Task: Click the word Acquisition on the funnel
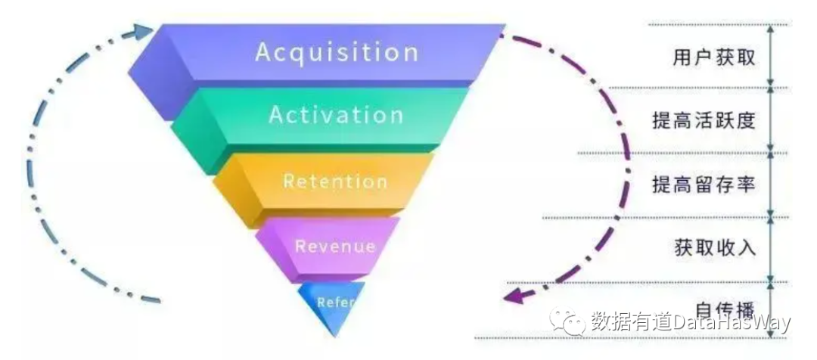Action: [337, 52]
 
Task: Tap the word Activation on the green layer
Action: [336, 115]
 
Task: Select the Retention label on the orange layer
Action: [335, 182]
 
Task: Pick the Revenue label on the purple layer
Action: [335, 246]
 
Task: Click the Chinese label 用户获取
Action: [713, 57]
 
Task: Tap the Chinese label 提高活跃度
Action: [704, 121]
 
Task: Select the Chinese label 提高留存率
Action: [704, 184]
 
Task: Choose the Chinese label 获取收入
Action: [713, 247]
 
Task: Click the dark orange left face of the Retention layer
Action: [231, 189]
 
